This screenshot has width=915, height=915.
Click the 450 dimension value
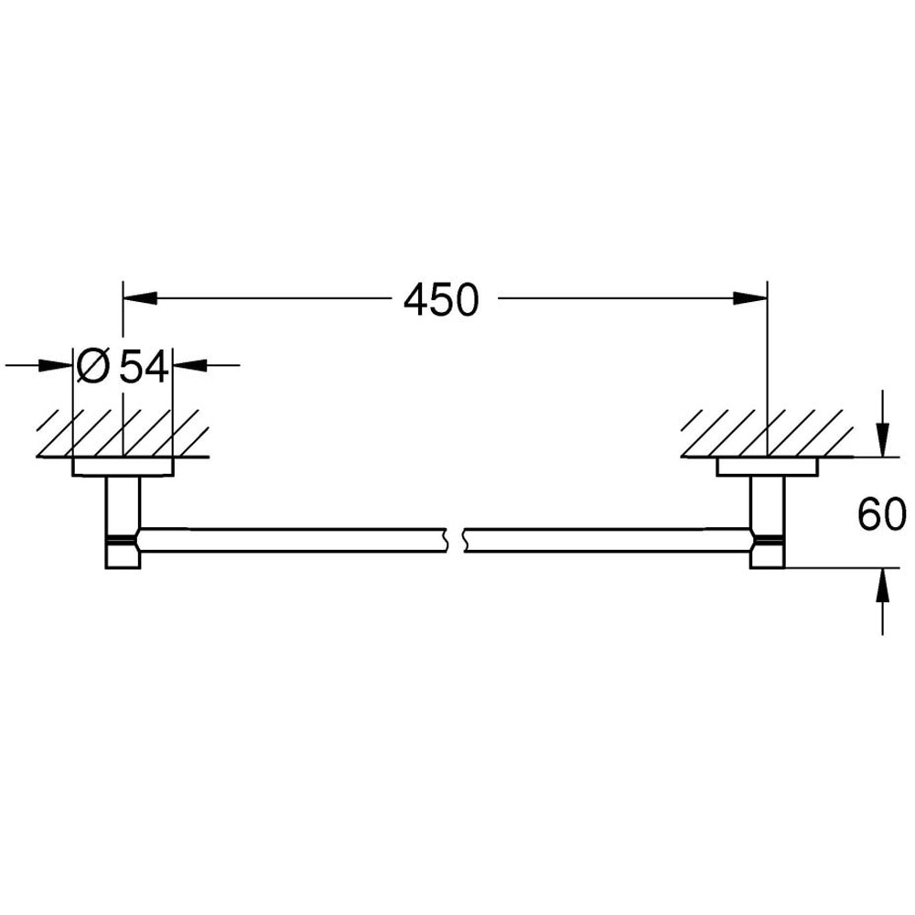point(441,300)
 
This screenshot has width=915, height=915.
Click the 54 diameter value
point(145,367)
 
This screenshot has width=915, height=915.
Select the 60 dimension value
point(881,515)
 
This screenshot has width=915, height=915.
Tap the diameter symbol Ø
point(93,367)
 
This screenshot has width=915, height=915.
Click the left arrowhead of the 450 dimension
point(137,298)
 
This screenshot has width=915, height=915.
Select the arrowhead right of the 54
point(187,366)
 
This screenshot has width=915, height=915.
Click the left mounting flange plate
point(122,468)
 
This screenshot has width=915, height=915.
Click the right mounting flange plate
point(766,468)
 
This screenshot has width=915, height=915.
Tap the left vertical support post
point(123,503)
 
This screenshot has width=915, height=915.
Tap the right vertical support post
point(766,503)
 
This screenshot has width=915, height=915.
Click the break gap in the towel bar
point(455,540)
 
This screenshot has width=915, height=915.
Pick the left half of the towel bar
point(293,540)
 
